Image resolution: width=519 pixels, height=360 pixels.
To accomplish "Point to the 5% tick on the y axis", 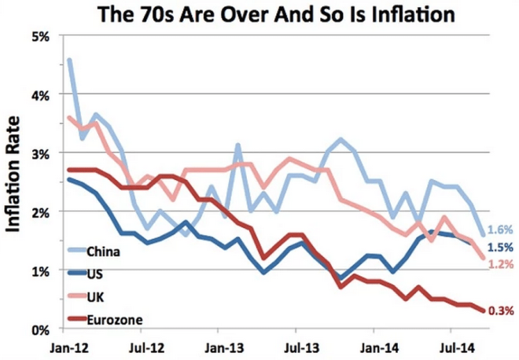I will point(41,36).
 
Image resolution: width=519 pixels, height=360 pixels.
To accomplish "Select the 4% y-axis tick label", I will point(41,94).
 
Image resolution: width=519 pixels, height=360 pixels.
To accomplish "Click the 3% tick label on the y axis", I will point(41,153).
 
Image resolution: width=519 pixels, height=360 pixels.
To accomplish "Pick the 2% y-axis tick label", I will point(41,211).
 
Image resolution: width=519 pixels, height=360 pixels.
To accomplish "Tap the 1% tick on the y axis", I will point(41,270).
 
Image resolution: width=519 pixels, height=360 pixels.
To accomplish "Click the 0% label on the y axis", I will point(41,329).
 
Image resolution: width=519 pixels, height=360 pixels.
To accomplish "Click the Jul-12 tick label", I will point(146,345).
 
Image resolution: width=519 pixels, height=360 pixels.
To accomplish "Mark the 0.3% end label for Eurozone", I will point(500,311).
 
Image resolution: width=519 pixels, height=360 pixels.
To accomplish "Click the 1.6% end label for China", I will point(500,230).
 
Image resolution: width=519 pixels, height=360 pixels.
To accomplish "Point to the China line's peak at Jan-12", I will point(70,60).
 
